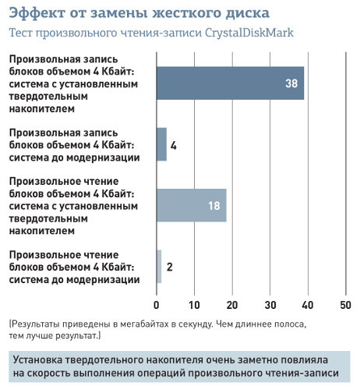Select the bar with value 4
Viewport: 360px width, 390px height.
tap(161, 144)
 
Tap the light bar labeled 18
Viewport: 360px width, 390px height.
tap(191, 206)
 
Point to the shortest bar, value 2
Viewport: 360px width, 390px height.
tap(159, 267)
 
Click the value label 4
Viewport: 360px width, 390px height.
tap(174, 145)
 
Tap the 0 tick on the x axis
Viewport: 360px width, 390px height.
tap(157, 304)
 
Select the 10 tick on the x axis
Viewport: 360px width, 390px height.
tap(194, 304)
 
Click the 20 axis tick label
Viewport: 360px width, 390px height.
tap(232, 304)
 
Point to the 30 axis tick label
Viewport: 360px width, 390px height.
tap(270, 304)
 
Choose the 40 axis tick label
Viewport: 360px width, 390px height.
tap(308, 304)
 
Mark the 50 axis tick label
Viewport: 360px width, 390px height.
tap(345, 304)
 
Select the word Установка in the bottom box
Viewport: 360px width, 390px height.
tap(44, 360)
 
